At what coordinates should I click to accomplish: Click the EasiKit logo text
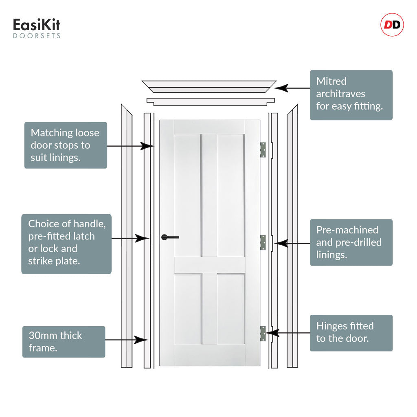click(x=37, y=25)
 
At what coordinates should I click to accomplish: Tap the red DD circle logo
click(x=392, y=25)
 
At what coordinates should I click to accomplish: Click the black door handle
click(x=170, y=237)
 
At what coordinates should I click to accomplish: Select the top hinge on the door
click(x=263, y=150)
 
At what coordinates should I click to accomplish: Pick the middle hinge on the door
click(x=263, y=242)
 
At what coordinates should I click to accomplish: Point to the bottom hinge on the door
click(x=263, y=334)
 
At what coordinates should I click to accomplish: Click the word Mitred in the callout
click(x=331, y=81)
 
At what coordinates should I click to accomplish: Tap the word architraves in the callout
click(x=341, y=94)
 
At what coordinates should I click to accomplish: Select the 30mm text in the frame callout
click(x=42, y=336)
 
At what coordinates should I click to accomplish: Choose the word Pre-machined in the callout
click(x=347, y=230)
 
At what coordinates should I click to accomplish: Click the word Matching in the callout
click(x=48, y=133)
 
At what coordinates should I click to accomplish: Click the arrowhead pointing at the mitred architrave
click(x=281, y=88)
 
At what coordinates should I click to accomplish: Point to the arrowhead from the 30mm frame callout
click(x=141, y=340)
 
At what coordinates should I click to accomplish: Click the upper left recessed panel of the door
click(x=187, y=195)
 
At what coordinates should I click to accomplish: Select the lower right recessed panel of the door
click(x=231, y=309)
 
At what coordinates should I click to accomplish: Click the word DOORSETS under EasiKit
click(x=37, y=36)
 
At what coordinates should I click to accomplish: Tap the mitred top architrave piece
click(x=209, y=87)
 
